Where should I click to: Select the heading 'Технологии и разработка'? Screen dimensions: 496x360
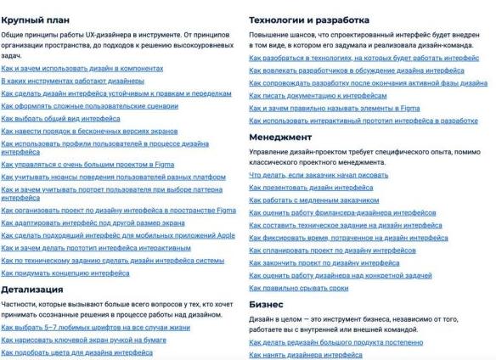(309, 18)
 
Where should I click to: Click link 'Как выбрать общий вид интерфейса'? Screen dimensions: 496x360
(60, 118)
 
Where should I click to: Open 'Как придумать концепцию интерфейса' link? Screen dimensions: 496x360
(65, 273)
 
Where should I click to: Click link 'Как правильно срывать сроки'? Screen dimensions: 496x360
(297, 289)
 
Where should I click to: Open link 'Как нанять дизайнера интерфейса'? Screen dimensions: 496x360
(305, 355)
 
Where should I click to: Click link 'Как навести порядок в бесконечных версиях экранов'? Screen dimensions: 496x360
(89, 132)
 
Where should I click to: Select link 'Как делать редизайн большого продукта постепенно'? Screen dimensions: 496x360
(335, 342)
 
